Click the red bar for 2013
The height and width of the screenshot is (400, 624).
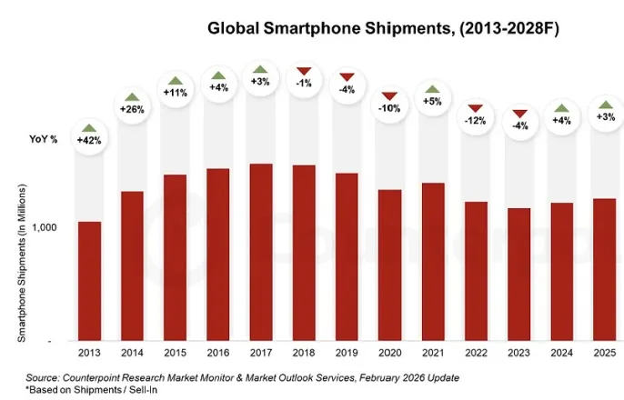pos(89,281)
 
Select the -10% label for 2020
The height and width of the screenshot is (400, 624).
pos(389,109)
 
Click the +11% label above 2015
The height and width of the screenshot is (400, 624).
pos(175,93)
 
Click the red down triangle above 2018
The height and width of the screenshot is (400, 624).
pos(303,71)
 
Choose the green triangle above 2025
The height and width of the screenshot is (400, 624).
pos(604,104)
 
